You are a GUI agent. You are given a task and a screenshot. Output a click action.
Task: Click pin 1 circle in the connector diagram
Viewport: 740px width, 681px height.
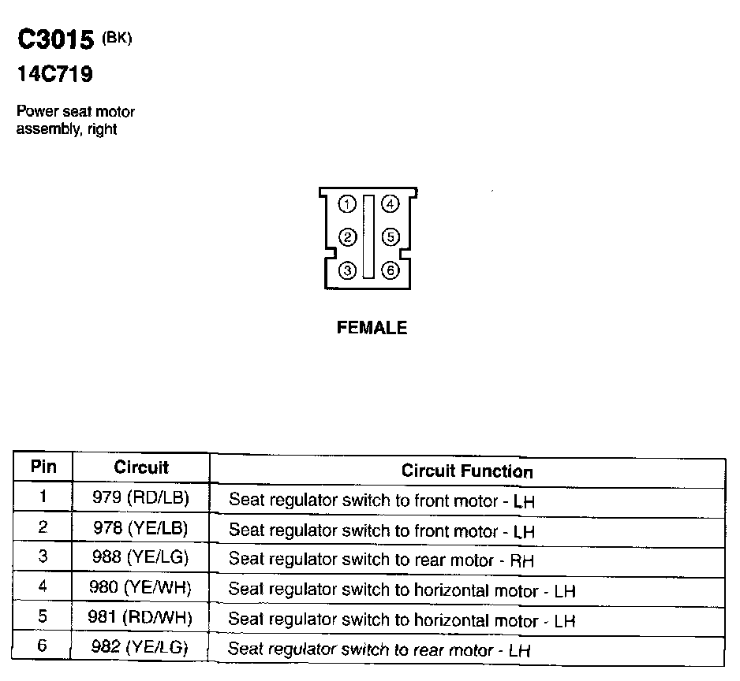(347, 205)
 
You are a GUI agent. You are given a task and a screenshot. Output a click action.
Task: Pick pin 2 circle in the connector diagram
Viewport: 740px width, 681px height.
(347, 237)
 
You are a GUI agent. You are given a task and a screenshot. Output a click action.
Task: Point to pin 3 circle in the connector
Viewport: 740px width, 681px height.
(347, 270)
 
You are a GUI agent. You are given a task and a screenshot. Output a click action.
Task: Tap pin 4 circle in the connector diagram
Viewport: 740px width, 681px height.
(390, 205)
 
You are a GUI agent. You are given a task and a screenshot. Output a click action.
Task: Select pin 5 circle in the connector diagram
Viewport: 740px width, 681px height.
(390, 237)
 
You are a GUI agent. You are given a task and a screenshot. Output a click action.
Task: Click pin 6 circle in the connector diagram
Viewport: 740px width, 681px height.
(390, 270)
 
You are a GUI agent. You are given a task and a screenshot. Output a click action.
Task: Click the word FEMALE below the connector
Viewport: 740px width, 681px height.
(372, 328)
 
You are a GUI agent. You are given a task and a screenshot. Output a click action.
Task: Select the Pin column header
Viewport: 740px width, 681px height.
(43, 467)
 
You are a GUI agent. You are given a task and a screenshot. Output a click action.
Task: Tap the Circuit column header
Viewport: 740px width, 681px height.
(141, 467)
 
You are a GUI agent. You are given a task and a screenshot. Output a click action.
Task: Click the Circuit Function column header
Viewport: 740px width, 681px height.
(467, 471)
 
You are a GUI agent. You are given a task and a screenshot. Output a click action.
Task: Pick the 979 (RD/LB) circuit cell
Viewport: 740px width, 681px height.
(141, 497)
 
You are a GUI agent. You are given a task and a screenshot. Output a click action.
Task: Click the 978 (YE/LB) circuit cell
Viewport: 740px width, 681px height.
(141, 527)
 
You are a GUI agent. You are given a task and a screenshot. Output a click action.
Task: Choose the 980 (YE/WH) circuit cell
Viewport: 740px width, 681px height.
(141, 587)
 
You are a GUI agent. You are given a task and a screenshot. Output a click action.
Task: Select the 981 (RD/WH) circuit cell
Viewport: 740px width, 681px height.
(141, 617)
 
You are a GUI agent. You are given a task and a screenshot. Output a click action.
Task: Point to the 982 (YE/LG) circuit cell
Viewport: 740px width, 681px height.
(141, 647)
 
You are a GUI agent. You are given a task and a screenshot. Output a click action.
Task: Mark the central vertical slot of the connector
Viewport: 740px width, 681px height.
(368, 236)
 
